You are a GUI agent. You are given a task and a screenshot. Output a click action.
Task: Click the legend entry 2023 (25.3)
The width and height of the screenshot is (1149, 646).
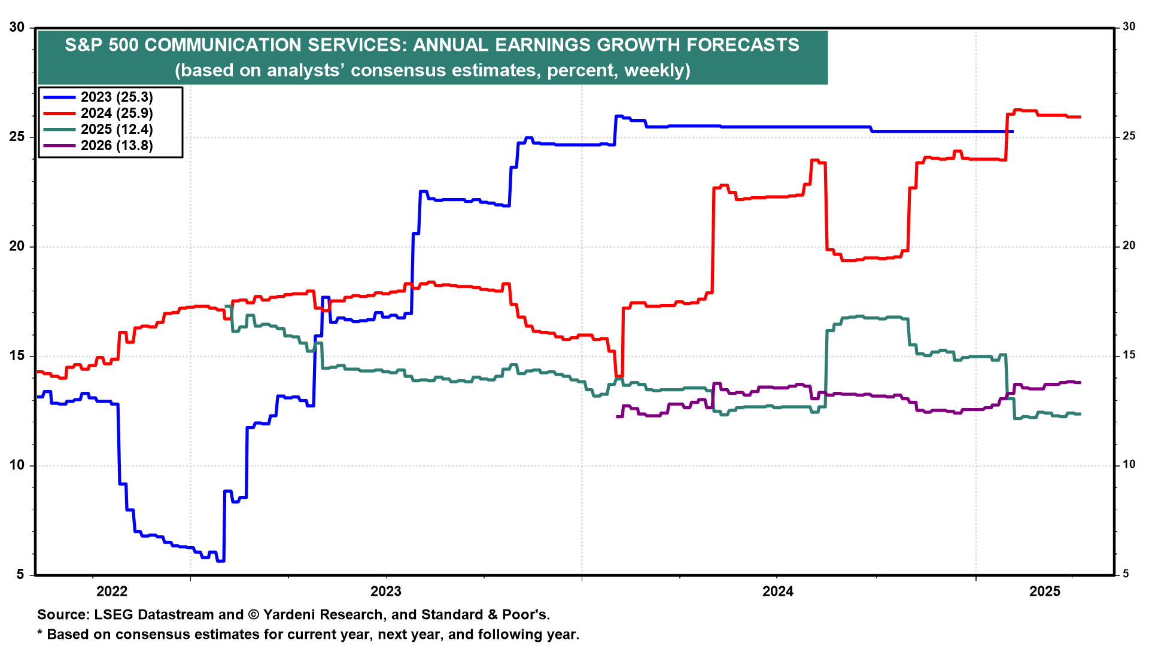(117, 97)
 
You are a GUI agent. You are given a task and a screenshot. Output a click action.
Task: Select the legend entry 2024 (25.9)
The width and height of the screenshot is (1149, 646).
(117, 113)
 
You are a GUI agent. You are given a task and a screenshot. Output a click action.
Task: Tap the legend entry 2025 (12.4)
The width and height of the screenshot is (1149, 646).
(117, 129)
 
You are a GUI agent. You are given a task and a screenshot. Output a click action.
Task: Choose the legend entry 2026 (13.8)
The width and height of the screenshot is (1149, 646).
(117, 145)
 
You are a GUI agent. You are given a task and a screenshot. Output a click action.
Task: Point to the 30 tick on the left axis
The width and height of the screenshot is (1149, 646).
(17, 28)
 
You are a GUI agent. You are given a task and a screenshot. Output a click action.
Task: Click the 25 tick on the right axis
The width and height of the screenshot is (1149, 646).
(1129, 136)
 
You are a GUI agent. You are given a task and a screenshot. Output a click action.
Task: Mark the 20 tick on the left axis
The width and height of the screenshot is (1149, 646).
(17, 246)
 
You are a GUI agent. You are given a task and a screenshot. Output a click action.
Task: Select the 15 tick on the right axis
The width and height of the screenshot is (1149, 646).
(1129, 355)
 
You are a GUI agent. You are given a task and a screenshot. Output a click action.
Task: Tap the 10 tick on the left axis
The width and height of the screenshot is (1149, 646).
(17, 465)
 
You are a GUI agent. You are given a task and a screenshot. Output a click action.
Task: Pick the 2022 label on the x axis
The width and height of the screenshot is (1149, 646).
(112, 592)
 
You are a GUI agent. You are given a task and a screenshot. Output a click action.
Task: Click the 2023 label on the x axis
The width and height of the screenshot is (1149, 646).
(386, 592)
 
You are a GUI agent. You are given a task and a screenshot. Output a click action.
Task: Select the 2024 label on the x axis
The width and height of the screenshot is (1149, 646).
(777, 592)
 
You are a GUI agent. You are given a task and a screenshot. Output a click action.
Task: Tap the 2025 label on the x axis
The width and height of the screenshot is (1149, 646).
(1045, 592)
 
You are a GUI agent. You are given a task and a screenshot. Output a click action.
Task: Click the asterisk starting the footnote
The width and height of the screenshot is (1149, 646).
(40, 633)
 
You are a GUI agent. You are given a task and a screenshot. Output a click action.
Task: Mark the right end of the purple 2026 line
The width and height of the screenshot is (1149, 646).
(1080, 382)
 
